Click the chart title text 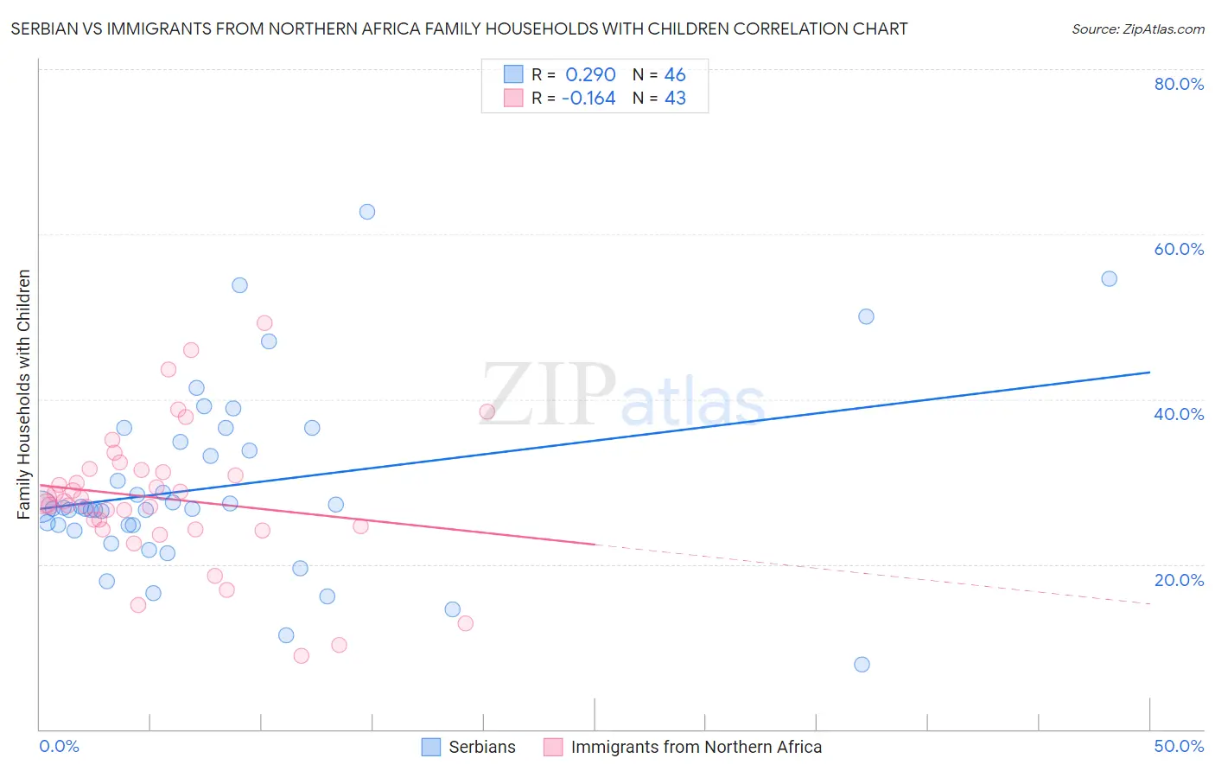pyautogui.click(x=459, y=29)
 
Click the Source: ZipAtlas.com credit pyautogui.click(x=1137, y=29)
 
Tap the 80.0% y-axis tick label pyautogui.click(x=1179, y=84)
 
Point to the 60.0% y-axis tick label pyautogui.click(x=1179, y=249)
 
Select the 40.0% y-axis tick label pyautogui.click(x=1179, y=414)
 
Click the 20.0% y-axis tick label pyautogui.click(x=1179, y=579)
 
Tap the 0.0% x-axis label pyautogui.click(x=59, y=746)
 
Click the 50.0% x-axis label pyautogui.click(x=1179, y=746)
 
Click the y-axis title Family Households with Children pyautogui.click(x=24, y=394)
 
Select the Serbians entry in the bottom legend pyautogui.click(x=481, y=747)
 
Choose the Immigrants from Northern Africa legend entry pyautogui.click(x=696, y=747)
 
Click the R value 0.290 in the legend pyautogui.click(x=590, y=75)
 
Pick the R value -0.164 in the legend pyautogui.click(x=588, y=99)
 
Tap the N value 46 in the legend pyautogui.click(x=675, y=75)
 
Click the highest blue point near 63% pyautogui.click(x=367, y=212)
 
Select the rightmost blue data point pyautogui.click(x=1109, y=278)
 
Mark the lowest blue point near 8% pyautogui.click(x=862, y=665)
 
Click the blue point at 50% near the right pyautogui.click(x=866, y=316)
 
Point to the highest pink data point pyautogui.click(x=264, y=322)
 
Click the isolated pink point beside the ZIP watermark pyautogui.click(x=487, y=411)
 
